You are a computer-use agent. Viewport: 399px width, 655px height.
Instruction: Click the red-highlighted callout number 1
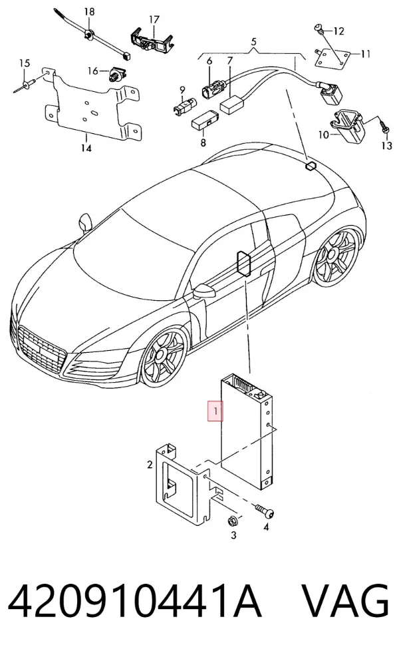215,411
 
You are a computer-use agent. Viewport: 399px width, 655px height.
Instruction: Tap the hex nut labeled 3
233,521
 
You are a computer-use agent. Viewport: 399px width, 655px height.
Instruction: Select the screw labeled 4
265,511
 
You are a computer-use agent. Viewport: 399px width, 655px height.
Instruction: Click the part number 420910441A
135,600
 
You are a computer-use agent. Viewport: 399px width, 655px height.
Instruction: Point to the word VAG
346,600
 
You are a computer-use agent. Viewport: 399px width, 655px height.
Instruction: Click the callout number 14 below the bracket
86,148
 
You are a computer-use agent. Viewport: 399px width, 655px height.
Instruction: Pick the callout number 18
89,11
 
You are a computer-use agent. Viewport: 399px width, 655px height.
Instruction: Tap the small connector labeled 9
184,106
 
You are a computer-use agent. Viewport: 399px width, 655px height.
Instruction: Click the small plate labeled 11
332,58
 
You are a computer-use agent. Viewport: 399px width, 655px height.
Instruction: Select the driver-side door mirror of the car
203,291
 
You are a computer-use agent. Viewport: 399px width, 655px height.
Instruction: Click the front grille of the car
42,349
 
